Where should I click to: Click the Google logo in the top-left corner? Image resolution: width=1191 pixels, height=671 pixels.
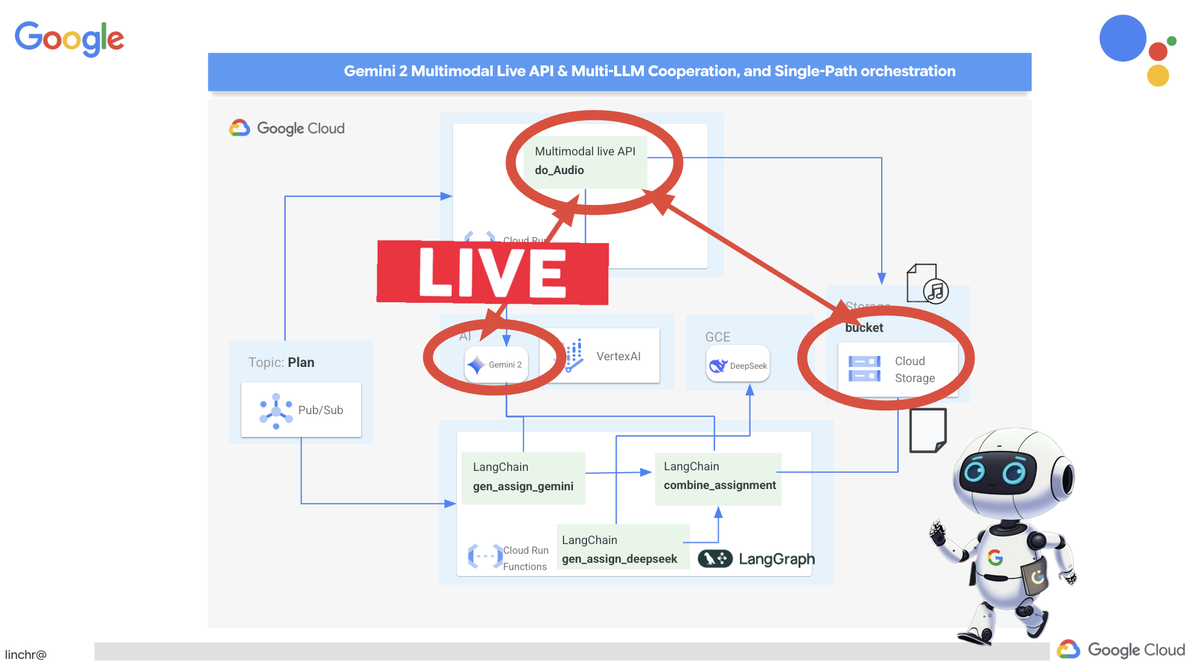click(x=69, y=39)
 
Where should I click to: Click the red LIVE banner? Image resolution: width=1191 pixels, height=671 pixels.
click(x=492, y=273)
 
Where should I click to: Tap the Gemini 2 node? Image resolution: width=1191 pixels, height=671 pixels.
click(x=496, y=365)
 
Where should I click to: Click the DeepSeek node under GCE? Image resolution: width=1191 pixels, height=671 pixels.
click(x=738, y=365)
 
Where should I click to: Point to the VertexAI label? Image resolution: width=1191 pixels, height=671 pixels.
click(x=618, y=357)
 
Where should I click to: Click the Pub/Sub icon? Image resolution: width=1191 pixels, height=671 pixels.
click(x=276, y=411)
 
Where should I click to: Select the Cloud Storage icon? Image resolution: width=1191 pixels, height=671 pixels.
click(x=864, y=369)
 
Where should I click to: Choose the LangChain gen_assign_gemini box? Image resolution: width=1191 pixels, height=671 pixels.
click(x=523, y=477)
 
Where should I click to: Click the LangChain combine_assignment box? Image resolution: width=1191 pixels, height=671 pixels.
click(x=719, y=476)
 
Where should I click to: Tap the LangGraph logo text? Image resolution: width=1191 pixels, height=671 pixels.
click(x=777, y=559)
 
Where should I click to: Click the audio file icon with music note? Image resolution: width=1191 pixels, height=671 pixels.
click(x=927, y=284)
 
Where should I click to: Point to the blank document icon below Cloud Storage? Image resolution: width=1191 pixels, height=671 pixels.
click(x=928, y=430)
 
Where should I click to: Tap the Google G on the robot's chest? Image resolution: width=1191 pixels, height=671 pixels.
click(x=995, y=557)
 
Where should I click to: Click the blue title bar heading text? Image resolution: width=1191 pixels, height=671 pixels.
click(x=649, y=71)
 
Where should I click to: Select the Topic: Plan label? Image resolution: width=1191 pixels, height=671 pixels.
click(x=281, y=362)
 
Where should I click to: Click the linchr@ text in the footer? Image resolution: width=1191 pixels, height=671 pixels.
click(x=26, y=655)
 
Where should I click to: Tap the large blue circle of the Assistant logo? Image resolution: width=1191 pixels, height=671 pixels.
click(x=1123, y=39)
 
